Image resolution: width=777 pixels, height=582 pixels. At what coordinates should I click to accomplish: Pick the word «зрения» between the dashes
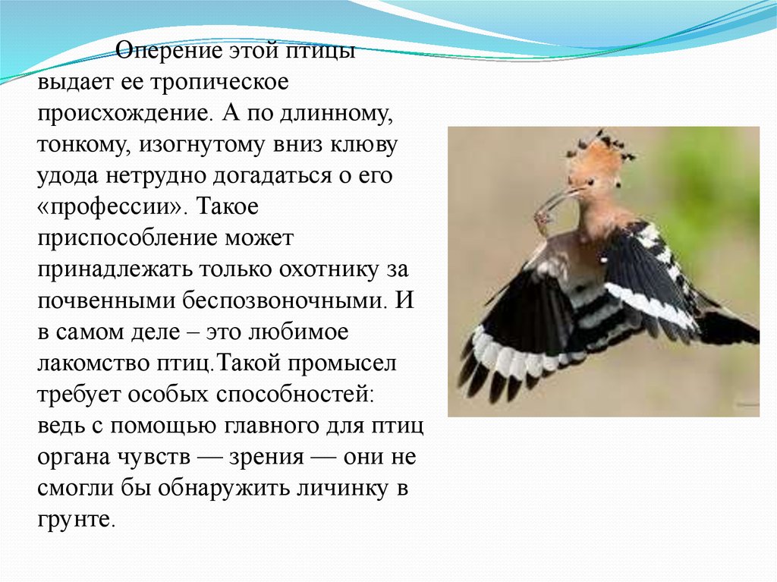(266, 458)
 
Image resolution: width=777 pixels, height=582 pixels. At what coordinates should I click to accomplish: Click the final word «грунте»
(77, 520)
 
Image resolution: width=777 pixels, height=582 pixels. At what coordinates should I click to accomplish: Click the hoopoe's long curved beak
(558, 198)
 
